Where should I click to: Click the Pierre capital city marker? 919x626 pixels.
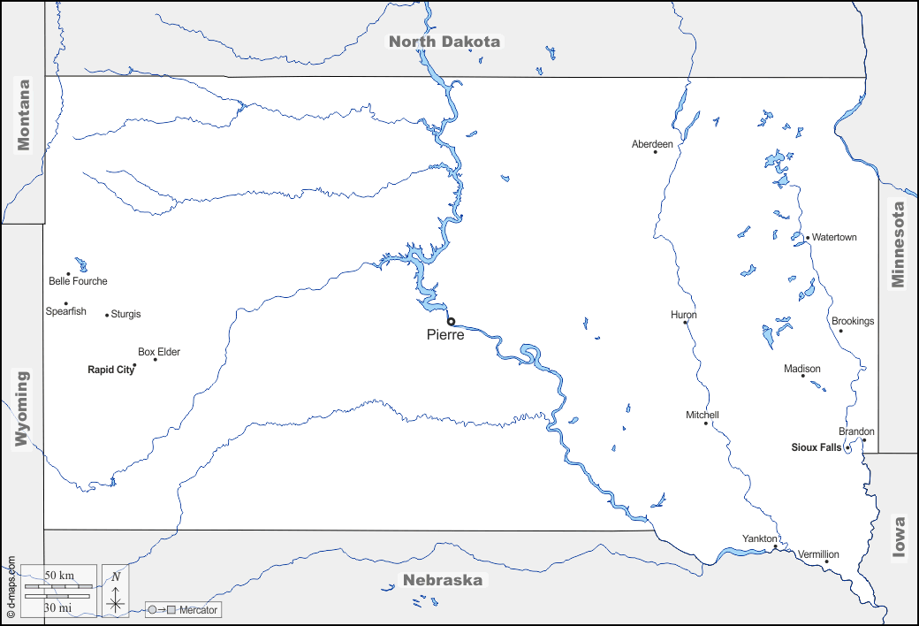[451, 322]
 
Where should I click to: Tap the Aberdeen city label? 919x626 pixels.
[652, 144]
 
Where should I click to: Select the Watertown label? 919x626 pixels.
[834, 238]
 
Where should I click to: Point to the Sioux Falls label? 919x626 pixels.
[816, 448]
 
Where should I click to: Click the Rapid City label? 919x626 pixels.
[110, 370]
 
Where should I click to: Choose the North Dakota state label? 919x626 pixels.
[445, 42]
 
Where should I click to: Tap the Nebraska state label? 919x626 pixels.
[443, 581]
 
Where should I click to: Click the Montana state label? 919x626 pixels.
[24, 115]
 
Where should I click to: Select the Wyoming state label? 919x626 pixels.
[22, 408]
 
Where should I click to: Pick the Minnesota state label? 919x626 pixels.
[899, 245]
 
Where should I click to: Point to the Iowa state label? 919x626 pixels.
[900, 537]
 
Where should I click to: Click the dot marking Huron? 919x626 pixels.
[686, 323]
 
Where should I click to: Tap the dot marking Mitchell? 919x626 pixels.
[706, 424]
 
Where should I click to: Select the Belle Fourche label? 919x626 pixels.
[78, 282]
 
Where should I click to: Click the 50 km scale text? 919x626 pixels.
[59, 576]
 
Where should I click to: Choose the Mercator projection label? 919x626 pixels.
[198, 610]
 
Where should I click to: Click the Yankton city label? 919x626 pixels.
[759, 538]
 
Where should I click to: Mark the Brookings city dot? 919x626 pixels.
[840, 331]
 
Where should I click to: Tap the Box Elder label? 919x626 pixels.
[159, 352]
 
